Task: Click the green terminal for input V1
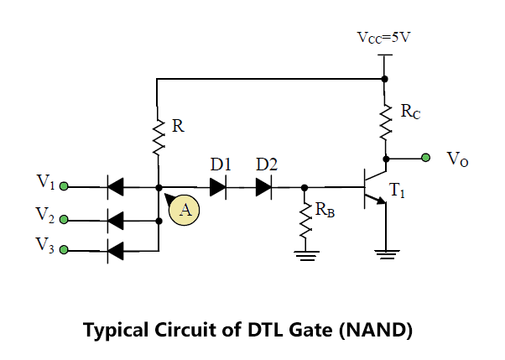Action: click(x=65, y=186)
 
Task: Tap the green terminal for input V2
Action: click(x=64, y=220)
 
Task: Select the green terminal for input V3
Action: click(x=64, y=250)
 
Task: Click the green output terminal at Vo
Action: click(x=426, y=158)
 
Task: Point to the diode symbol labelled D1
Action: click(x=218, y=187)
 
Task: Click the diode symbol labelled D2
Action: click(x=263, y=187)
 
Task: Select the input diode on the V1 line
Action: click(x=115, y=187)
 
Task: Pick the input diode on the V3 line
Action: click(x=115, y=251)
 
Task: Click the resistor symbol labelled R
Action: click(x=159, y=136)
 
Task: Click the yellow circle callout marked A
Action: click(x=185, y=210)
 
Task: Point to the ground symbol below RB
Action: click(x=305, y=256)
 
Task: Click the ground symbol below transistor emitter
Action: click(x=387, y=254)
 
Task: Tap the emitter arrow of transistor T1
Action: click(x=381, y=201)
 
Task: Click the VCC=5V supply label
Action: click(x=383, y=38)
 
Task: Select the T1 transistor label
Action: click(x=397, y=190)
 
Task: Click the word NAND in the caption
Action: click(x=376, y=330)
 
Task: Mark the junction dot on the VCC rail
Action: click(x=384, y=79)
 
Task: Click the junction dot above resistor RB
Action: click(x=305, y=187)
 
